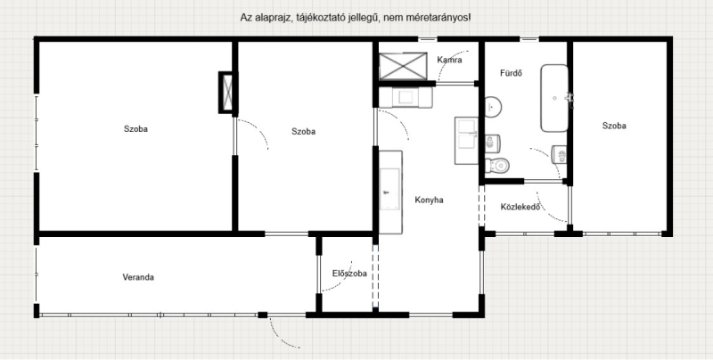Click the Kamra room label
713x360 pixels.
[450, 60]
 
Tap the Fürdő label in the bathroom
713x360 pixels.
[511, 73]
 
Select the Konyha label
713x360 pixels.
[429, 200]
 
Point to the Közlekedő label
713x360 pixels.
[520, 207]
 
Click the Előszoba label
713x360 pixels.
[349, 274]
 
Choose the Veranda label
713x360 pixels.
[138, 277]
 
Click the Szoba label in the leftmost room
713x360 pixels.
[135, 128]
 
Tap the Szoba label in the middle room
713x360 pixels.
[303, 131]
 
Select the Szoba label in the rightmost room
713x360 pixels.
[614, 126]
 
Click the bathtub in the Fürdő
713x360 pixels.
[554, 98]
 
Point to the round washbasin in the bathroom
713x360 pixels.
[493, 107]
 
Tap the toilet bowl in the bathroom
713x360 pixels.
[496, 166]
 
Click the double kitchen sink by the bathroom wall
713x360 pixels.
[466, 141]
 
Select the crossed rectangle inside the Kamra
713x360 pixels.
[403, 66]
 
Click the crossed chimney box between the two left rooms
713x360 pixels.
[228, 93]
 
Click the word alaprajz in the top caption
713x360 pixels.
[268, 18]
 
